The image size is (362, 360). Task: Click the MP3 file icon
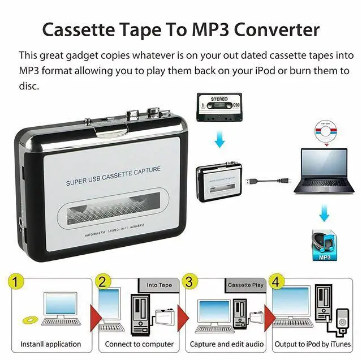[x=324, y=245]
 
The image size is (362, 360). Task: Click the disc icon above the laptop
[x=324, y=132]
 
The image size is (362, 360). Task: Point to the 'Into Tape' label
[x=159, y=285]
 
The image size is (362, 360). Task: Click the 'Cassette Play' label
[x=245, y=285]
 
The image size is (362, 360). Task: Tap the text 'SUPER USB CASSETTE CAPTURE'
[x=113, y=175]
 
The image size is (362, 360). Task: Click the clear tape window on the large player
[x=114, y=212]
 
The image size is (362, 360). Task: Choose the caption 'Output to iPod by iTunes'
[x=313, y=344]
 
